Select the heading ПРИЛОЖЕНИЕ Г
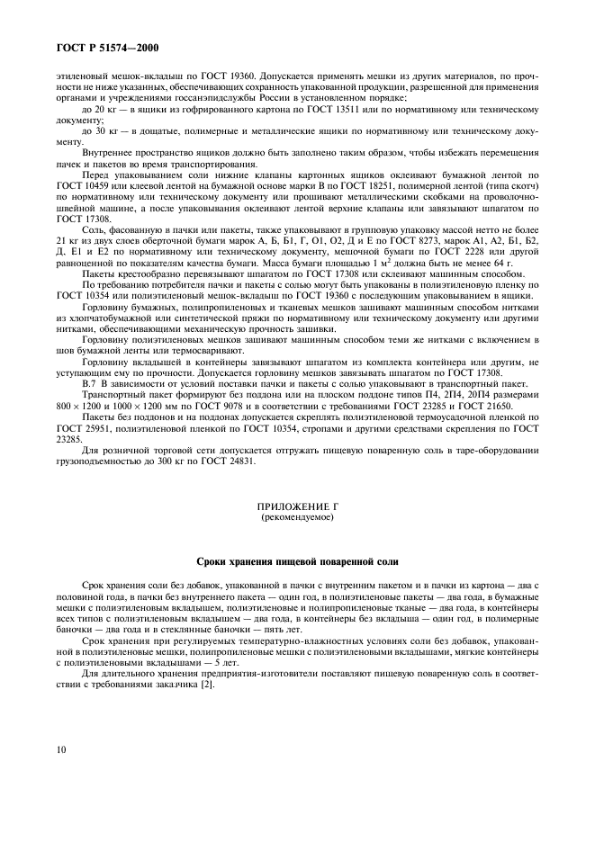(x=297, y=508)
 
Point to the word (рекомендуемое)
(x=297, y=519)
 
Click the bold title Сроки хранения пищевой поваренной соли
(x=297, y=561)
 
